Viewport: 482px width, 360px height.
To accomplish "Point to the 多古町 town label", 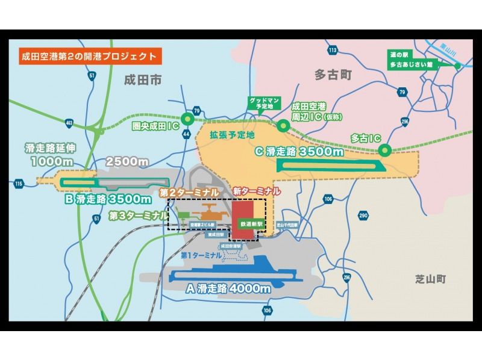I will point(333,74).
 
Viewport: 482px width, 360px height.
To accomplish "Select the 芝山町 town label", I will point(429,279).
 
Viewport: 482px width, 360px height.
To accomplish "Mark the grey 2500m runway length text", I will point(127,162).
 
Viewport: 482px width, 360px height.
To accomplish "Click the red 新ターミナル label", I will point(257,191).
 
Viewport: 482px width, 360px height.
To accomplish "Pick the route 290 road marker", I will point(363,215).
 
